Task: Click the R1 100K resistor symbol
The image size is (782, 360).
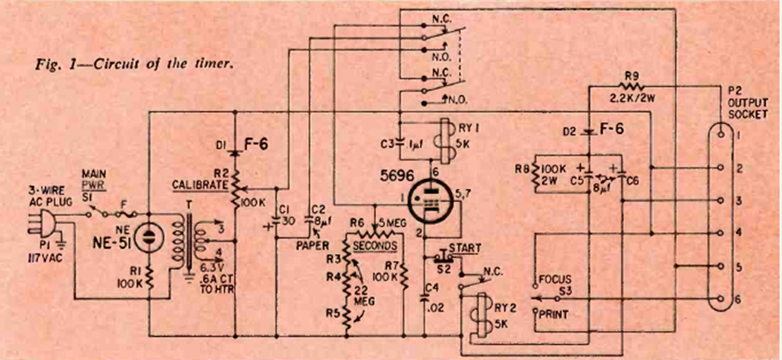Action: tap(151, 281)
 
